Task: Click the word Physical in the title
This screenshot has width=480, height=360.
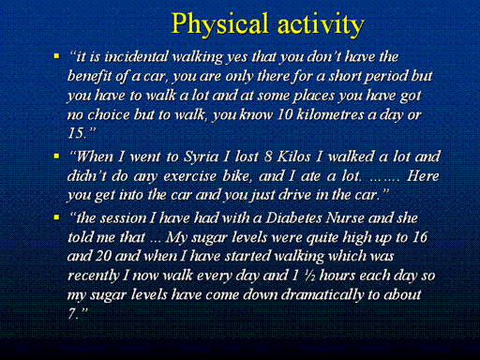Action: [x=219, y=24]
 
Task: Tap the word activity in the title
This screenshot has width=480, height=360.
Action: [x=321, y=24]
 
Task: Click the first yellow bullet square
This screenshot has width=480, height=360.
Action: [x=56, y=56]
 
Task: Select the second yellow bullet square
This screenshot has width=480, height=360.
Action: [x=56, y=156]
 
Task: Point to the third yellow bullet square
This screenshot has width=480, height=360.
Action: [x=56, y=217]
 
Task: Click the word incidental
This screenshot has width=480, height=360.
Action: [x=137, y=57]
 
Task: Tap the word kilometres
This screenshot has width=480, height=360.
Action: [x=330, y=114]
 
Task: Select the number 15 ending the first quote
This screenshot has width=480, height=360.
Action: [x=76, y=133]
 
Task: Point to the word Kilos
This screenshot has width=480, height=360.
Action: [x=293, y=157]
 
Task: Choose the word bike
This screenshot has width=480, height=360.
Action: [x=237, y=176]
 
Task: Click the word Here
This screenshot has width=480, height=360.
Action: [x=423, y=176]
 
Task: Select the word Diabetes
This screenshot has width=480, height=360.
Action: [x=293, y=218]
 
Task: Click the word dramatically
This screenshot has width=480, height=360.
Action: [x=322, y=294]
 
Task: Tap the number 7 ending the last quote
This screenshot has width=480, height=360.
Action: [x=72, y=313]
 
